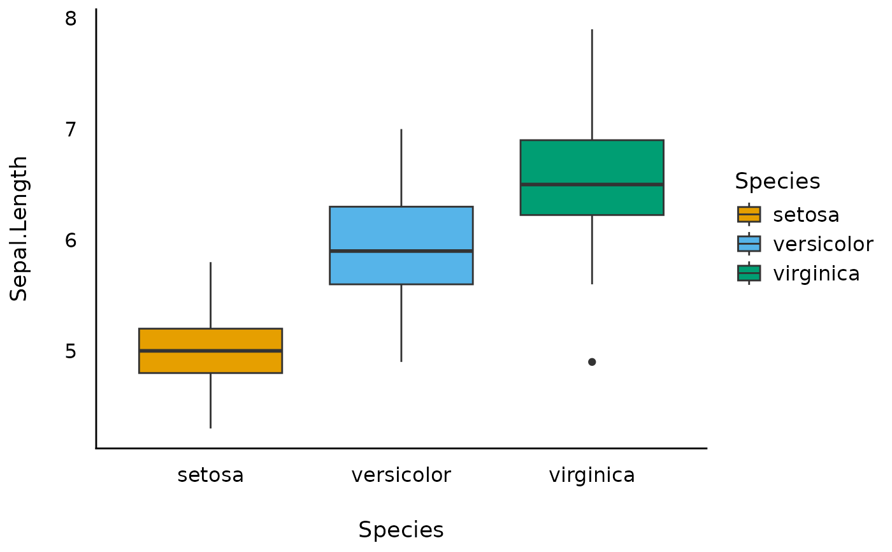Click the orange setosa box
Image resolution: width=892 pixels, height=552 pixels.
(x=210, y=362)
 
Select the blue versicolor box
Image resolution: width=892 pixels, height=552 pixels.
(x=401, y=229)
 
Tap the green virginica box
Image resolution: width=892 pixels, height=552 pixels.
(x=592, y=163)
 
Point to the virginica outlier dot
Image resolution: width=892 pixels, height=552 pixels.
(x=592, y=362)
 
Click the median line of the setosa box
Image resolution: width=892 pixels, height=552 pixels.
(x=210, y=351)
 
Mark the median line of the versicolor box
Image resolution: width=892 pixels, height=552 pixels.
(x=401, y=251)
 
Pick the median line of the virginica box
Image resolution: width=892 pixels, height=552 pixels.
(x=592, y=184)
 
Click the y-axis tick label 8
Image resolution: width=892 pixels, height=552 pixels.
(x=71, y=18)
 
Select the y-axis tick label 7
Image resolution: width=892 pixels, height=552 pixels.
(x=71, y=129)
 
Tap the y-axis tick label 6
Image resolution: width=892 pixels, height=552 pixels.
(x=71, y=240)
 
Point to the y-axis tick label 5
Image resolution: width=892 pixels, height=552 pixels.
(x=71, y=351)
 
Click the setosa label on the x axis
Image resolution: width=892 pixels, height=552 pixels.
(x=210, y=476)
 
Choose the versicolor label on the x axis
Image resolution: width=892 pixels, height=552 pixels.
(x=401, y=476)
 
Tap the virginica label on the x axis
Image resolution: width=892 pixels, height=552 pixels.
(x=592, y=476)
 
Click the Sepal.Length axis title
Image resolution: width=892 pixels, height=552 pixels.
(x=19, y=229)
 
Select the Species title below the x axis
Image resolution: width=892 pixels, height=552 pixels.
(x=401, y=530)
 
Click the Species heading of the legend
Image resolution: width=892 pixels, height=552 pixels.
(x=777, y=182)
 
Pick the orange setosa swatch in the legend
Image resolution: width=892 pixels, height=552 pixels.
(x=749, y=214)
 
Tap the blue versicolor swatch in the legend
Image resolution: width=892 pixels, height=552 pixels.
(x=749, y=243)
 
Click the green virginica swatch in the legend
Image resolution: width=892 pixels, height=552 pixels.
(x=749, y=273)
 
